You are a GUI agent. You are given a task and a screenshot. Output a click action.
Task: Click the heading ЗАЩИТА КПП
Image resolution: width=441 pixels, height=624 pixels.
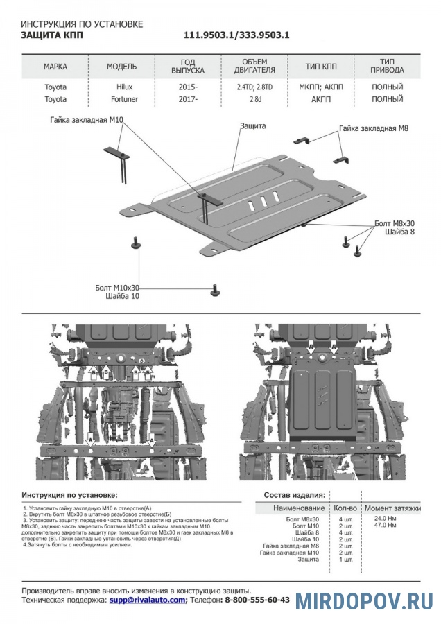pyautogui.click(x=51, y=35)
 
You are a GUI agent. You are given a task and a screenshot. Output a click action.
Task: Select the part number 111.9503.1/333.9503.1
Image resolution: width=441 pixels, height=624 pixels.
pyautogui.click(x=236, y=35)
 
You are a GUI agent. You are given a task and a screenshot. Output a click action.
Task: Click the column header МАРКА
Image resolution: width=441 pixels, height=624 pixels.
pyautogui.click(x=55, y=67)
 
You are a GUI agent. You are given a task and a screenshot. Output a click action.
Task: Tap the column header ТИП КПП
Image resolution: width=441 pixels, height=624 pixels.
pyautogui.click(x=321, y=67)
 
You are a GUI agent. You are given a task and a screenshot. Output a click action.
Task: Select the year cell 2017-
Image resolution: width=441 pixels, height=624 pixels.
pyautogui.click(x=187, y=99)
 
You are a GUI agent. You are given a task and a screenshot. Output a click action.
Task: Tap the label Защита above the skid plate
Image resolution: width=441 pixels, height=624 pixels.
pyautogui.click(x=253, y=126)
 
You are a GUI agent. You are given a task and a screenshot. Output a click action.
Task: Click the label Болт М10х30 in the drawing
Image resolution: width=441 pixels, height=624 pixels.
pyautogui.click(x=117, y=287)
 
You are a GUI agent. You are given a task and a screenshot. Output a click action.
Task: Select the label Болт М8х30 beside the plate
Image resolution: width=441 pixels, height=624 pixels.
pyautogui.click(x=393, y=223)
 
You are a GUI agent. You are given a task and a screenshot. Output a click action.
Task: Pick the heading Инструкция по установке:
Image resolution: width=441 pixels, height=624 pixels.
pyautogui.click(x=69, y=496)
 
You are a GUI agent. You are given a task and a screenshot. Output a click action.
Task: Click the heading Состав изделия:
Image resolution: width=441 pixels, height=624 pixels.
pyautogui.click(x=294, y=496)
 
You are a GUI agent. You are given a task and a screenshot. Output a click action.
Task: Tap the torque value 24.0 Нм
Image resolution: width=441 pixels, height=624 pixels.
pyautogui.click(x=386, y=519)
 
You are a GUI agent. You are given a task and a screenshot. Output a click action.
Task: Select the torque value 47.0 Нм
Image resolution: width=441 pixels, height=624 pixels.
pyautogui.click(x=386, y=526)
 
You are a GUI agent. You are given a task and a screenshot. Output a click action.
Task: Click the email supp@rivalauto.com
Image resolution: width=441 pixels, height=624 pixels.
pyautogui.click(x=148, y=600)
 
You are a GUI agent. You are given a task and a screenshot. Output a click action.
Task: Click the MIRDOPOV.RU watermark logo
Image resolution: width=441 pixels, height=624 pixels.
pyautogui.click(x=364, y=600)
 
